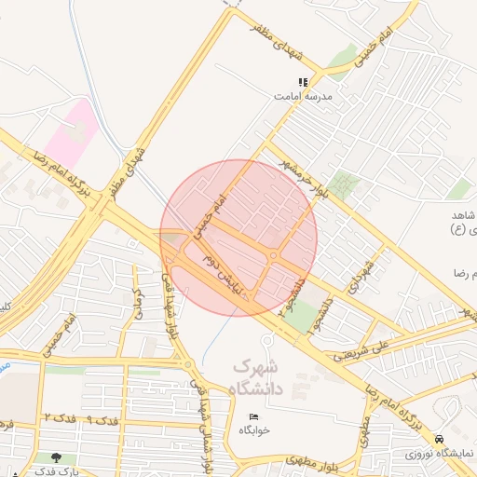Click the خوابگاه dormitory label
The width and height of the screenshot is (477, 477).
[253, 429]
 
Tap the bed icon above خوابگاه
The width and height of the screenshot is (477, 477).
[253, 416]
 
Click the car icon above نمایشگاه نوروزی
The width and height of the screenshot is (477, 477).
[440, 439]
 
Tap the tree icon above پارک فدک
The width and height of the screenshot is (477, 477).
[58, 457]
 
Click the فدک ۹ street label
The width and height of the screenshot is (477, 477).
[102, 420]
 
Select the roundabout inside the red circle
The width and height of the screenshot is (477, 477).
[274, 255]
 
